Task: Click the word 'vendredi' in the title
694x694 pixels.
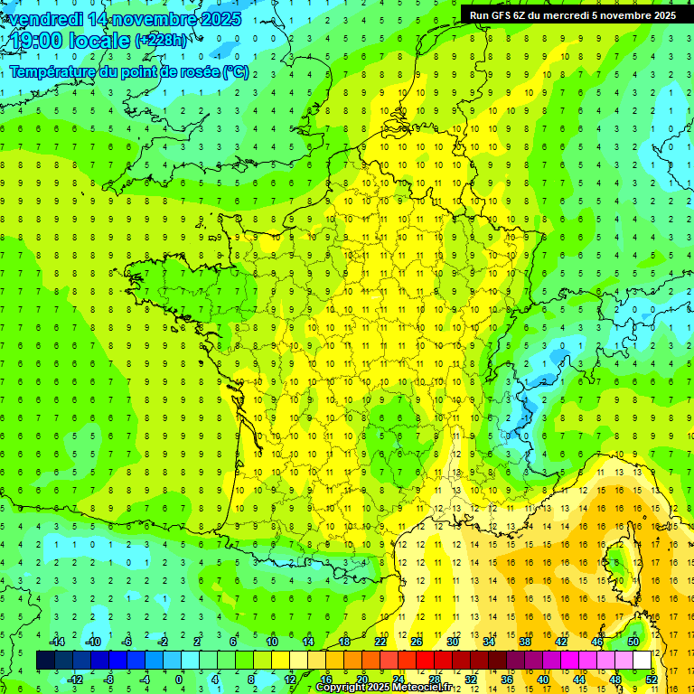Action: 44,19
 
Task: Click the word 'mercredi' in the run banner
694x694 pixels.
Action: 567,15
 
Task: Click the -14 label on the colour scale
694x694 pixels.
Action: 56,642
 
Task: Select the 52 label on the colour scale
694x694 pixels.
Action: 652,680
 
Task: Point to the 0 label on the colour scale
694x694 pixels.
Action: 179,680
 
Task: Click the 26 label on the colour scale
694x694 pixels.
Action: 417,642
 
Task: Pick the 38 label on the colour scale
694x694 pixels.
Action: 524,642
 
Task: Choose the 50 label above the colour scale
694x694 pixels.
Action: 633,642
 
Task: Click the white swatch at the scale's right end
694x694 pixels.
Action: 642,661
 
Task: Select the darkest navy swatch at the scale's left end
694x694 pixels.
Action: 45,661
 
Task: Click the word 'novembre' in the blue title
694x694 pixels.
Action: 158,19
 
